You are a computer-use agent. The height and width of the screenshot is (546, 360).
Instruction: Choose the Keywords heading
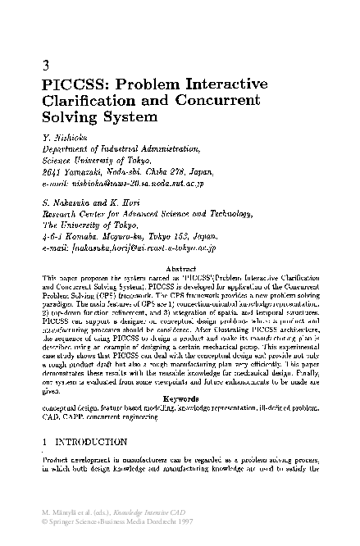[x=180, y=398]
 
